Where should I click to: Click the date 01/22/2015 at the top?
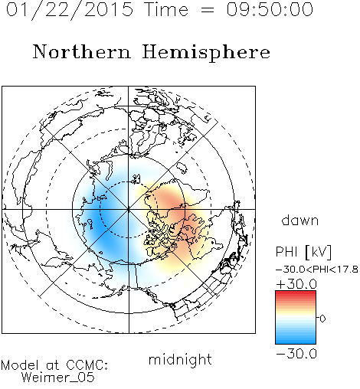pyautogui.click(x=70, y=10)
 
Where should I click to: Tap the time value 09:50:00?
pyautogui.click(x=270, y=10)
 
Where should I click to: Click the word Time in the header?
pyautogui.click(x=166, y=10)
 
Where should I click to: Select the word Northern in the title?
pyautogui.click(x=82, y=52)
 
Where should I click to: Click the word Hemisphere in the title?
pyautogui.click(x=206, y=53)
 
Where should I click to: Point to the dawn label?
pyautogui.click(x=300, y=220)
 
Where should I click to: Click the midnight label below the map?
pyautogui.click(x=180, y=359)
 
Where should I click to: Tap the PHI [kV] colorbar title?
pyautogui.click(x=303, y=252)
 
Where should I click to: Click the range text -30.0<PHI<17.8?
pyautogui.click(x=317, y=270)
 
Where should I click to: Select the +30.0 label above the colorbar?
pyautogui.click(x=296, y=284)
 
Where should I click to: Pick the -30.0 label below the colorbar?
pyautogui.click(x=296, y=354)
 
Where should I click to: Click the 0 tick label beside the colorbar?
pyautogui.click(x=322, y=319)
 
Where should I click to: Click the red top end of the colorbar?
pyautogui.click(x=296, y=293)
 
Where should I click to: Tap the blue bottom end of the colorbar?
pyautogui.click(x=296, y=342)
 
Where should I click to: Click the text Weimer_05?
pyautogui.click(x=57, y=378)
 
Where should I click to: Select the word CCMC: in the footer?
pyautogui.click(x=87, y=365)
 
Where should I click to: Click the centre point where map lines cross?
pyautogui.click(x=129, y=209)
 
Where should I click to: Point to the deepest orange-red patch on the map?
pyautogui.click(x=171, y=201)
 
